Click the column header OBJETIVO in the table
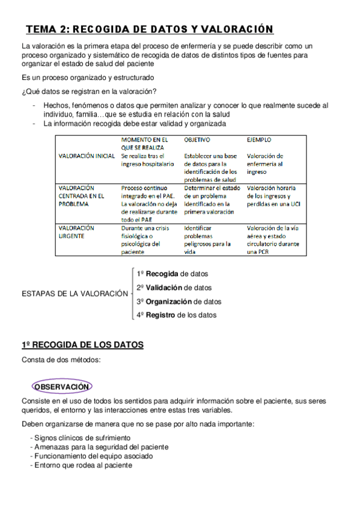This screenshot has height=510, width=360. click(197, 139)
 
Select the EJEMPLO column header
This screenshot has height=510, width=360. click(259, 139)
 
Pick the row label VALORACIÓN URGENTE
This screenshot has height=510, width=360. click(76, 232)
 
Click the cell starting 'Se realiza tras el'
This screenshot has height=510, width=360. click(147, 159)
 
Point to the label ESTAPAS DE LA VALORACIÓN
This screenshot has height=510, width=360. click(75, 294)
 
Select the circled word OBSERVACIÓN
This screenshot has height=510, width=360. click(63, 387)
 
